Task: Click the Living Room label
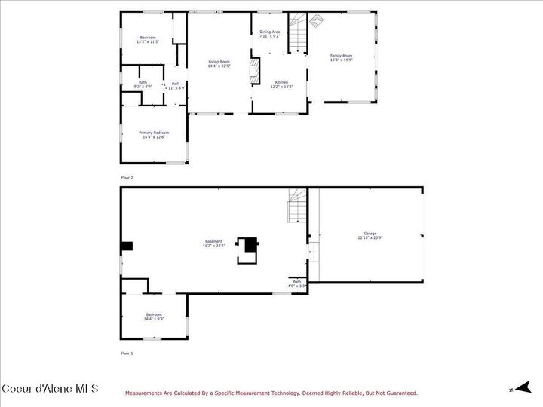[219, 63]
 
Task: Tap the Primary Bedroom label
[154, 134]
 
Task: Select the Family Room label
[341, 57]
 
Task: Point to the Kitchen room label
[281, 84]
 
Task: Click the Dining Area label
[270, 34]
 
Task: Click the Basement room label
[213, 243]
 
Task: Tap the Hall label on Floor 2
[175, 85]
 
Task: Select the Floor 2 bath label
[143, 84]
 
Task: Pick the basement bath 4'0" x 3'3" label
[296, 283]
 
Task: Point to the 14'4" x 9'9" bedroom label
[154, 317]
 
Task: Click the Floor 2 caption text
[127, 177]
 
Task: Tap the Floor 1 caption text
[127, 353]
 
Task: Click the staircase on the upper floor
[299, 34]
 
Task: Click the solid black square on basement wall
[127, 246]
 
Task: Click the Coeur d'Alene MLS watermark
[50, 389]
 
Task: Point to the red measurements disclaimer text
[271, 393]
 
